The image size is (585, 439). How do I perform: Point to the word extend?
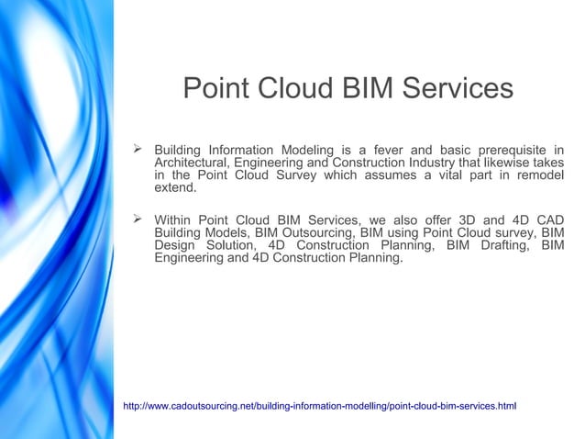pos(174,188)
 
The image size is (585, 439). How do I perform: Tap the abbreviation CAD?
pos(547,219)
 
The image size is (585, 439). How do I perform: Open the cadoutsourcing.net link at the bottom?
pos(320,405)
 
